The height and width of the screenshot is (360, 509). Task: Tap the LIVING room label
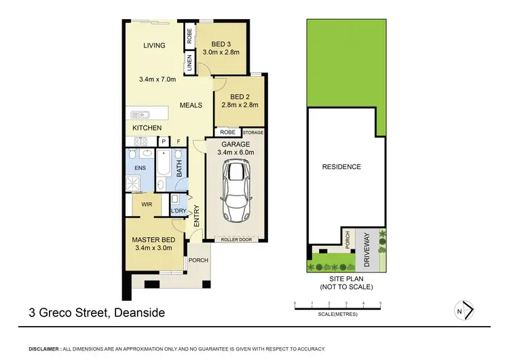[x=154, y=46]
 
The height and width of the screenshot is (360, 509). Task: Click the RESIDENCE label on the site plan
[x=341, y=166]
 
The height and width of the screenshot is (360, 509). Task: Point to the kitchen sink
[x=140, y=114]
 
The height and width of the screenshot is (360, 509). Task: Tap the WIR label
[x=146, y=204]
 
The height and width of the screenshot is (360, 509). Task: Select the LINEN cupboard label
[x=189, y=64]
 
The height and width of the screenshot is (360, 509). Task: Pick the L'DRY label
[x=178, y=211]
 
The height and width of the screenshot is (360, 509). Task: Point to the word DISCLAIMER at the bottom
[x=44, y=347]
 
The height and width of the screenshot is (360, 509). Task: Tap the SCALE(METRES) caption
[x=337, y=314]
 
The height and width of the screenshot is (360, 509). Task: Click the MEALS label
[x=192, y=106]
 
